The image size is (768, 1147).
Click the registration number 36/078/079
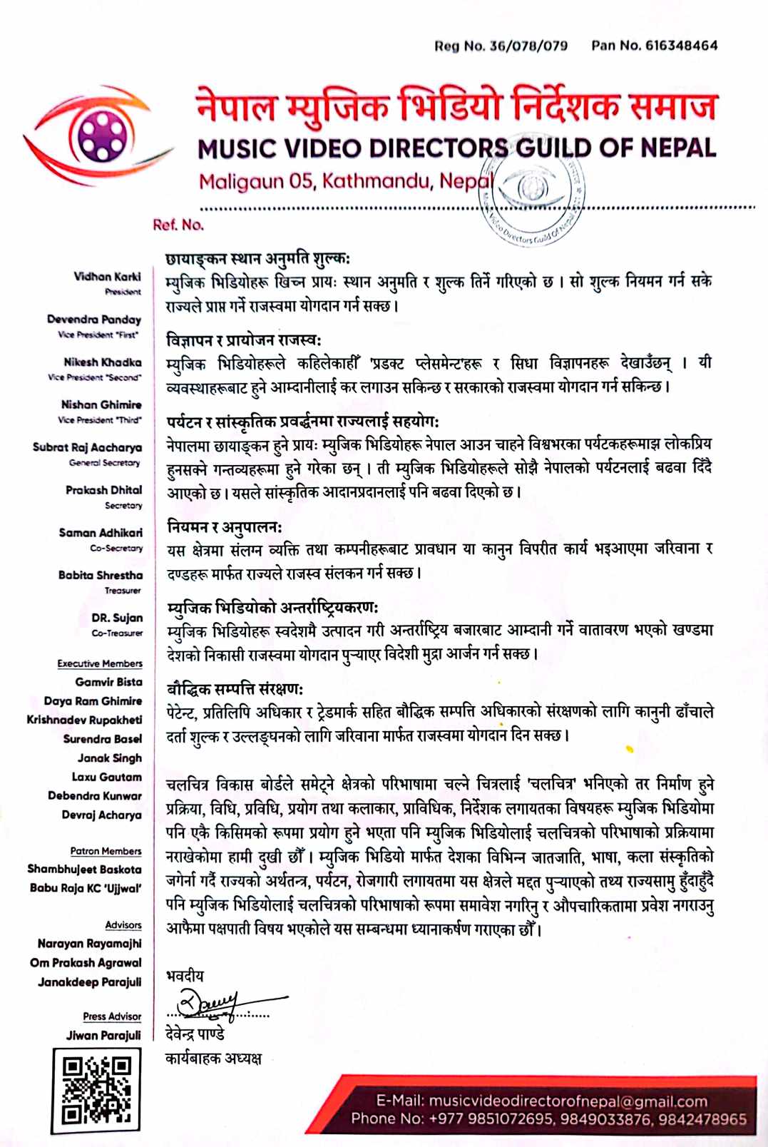coord(528,46)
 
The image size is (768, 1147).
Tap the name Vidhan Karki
coord(107,276)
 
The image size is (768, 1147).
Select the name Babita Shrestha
coord(101,575)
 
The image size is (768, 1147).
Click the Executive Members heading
coord(100,663)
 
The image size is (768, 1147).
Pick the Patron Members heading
coord(106,851)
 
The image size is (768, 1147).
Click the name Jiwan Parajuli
coord(103,1035)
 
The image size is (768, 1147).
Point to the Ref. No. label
coord(178,225)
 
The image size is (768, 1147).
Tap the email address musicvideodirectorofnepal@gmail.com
coord(568,1101)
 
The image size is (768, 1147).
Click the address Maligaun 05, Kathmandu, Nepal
coord(346,181)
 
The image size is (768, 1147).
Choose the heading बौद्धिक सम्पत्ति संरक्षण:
coord(235,689)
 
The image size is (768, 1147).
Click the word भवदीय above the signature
coord(185,976)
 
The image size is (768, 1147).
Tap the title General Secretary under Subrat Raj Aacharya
coord(104,463)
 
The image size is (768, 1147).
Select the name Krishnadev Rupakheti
coord(84,720)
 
